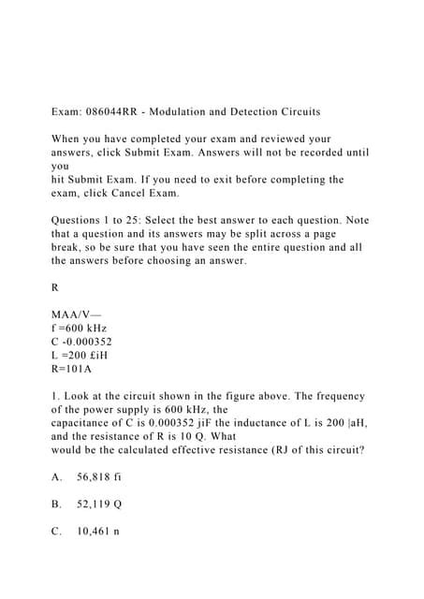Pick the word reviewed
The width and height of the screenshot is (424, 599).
click(x=280, y=139)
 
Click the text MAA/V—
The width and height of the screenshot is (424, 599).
click(x=79, y=314)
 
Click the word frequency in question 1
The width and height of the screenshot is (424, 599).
click(x=334, y=396)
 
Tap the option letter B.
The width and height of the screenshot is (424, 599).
click(x=56, y=504)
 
